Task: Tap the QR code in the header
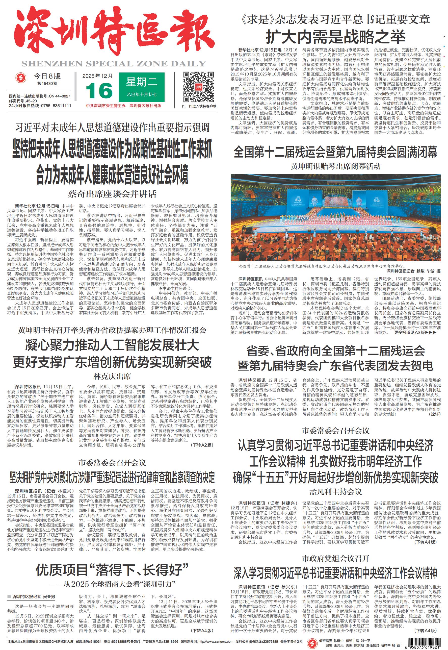[x=199, y=87]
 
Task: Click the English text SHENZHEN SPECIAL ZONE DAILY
[x=114, y=64]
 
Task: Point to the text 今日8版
[x=47, y=76]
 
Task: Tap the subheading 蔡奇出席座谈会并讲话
[x=112, y=194]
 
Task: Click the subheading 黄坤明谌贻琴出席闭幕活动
[x=335, y=166]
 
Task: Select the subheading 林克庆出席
[x=112, y=376]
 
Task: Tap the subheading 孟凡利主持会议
[x=335, y=492]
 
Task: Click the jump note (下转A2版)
[x=202, y=445]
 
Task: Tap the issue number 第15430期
[x=47, y=83]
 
